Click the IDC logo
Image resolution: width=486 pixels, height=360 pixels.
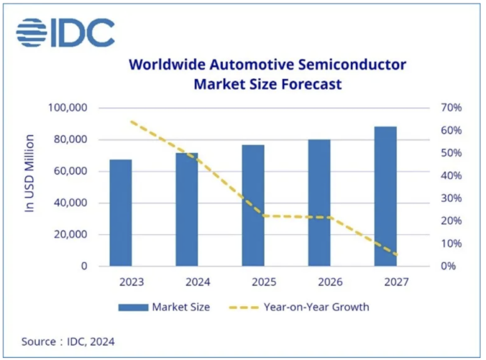click(x=65, y=33)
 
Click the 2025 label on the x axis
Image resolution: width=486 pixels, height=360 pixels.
click(x=253, y=282)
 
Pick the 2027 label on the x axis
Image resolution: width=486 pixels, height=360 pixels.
click(x=386, y=282)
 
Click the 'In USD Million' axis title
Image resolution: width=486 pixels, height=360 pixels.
click(x=30, y=172)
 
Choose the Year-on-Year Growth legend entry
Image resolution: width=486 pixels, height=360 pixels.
click(x=298, y=307)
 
